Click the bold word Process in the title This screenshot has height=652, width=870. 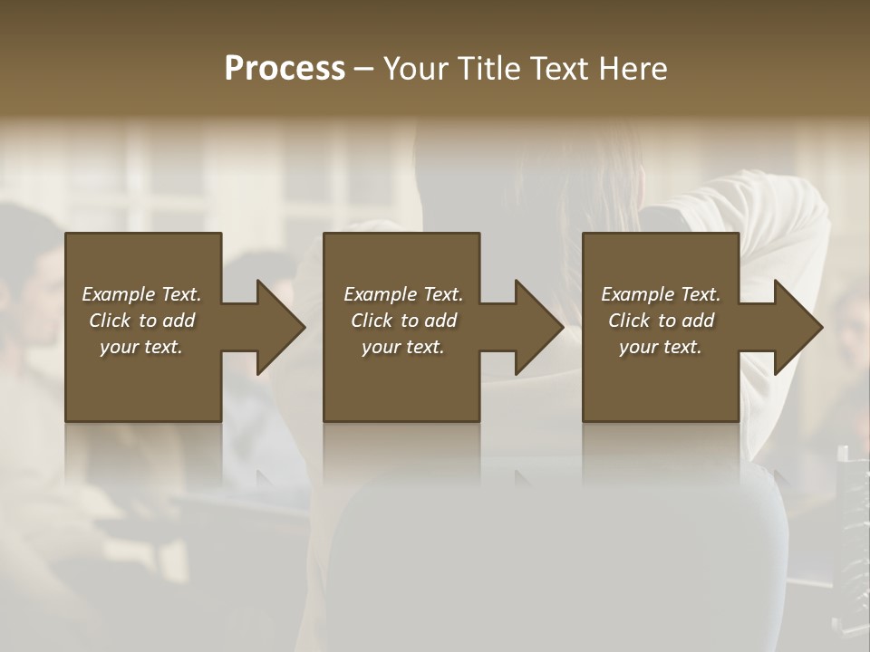pyautogui.click(x=285, y=69)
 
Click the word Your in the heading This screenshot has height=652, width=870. pyautogui.click(x=417, y=69)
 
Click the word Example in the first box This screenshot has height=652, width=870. pyautogui.click(x=119, y=294)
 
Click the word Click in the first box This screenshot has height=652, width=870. pyautogui.click(x=110, y=321)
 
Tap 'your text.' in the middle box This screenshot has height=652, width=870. pyautogui.click(x=402, y=347)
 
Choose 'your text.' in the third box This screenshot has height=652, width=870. pyautogui.click(x=661, y=347)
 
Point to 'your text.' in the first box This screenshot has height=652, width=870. pyautogui.click(x=141, y=347)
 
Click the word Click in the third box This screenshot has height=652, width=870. pyautogui.click(x=629, y=321)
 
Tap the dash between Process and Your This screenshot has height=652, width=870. pyautogui.click(x=363, y=69)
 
